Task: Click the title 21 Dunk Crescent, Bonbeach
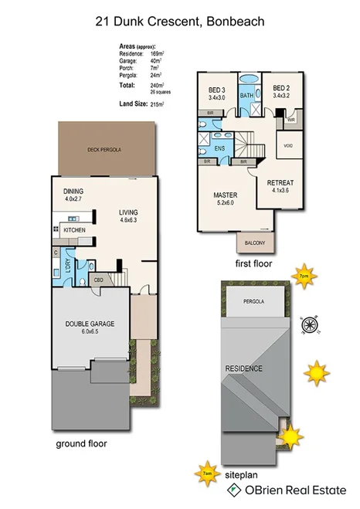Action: pos(179,22)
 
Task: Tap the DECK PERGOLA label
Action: pos(106,148)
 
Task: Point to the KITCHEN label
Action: pos(74,230)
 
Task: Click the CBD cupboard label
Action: pos(99,279)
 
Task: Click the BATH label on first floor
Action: pos(246,95)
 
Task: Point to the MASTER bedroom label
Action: pos(225,195)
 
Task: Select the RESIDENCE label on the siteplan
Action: pos(244,368)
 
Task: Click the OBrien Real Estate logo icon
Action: pos(232,490)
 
